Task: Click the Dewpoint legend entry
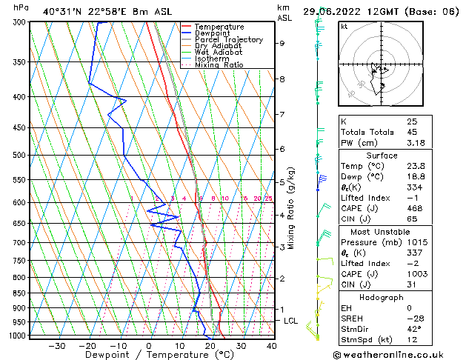pos(212,33)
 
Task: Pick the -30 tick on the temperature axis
pos(57,346)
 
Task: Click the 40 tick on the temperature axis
pos(272,346)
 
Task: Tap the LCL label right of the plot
pos(290,321)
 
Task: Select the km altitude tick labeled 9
pos(282,44)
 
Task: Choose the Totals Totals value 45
pos(412,133)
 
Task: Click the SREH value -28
pos(414,318)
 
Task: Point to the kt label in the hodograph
pos(344,26)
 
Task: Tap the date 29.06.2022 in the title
pos(339,11)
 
